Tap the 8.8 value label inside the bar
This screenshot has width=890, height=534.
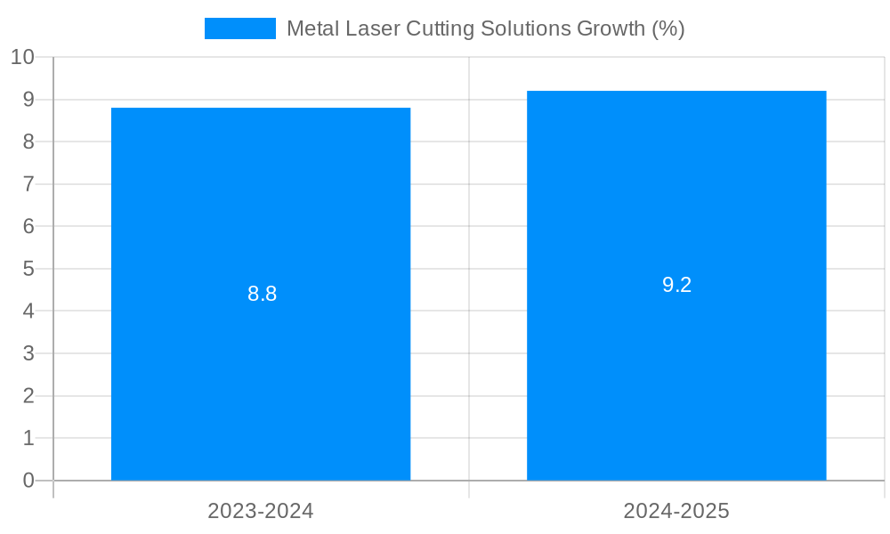pyautogui.click(x=262, y=294)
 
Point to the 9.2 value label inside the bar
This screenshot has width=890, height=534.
pyautogui.click(x=676, y=285)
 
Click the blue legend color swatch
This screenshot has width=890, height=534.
pyautogui.click(x=240, y=28)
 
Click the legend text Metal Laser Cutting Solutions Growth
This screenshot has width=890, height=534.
pyautogui.click(x=485, y=28)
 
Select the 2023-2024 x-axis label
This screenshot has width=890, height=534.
pyautogui.click(x=261, y=511)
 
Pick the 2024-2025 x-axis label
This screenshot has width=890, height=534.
pyautogui.click(x=676, y=511)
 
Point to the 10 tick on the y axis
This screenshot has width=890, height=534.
pyautogui.click(x=22, y=57)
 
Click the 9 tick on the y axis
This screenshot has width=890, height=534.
pyautogui.click(x=28, y=100)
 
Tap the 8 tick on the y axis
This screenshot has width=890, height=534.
pyautogui.click(x=28, y=142)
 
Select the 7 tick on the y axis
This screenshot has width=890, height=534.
pyautogui.click(x=28, y=184)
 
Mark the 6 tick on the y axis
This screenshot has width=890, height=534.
pyautogui.click(x=28, y=226)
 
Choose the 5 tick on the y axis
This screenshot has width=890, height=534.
pyautogui.click(x=28, y=269)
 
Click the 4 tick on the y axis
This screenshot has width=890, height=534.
pyautogui.click(x=28, y=311)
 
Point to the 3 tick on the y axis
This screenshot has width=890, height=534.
pyautogui.click(x=28, y=353)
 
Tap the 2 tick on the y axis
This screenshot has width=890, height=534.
pyautogui.click(x=28, y=396)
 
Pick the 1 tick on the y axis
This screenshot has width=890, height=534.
pyautogui.click(x=28, y=438)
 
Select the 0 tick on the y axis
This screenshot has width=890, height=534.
pyautogui.click(x=28, y=481)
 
